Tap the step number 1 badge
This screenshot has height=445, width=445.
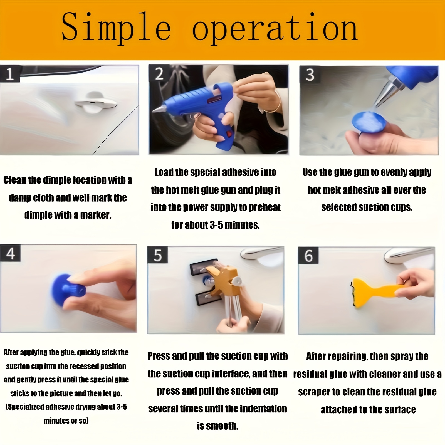(10, 74)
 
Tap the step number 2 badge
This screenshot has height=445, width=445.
(159, 74)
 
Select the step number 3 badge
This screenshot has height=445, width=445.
(309, 75)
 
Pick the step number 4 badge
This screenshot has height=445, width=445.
(10, 254)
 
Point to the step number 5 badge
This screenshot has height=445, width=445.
(157, 255)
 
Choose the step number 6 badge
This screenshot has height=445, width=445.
(308, 256)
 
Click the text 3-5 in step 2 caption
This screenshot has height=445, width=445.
(216, 225)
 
